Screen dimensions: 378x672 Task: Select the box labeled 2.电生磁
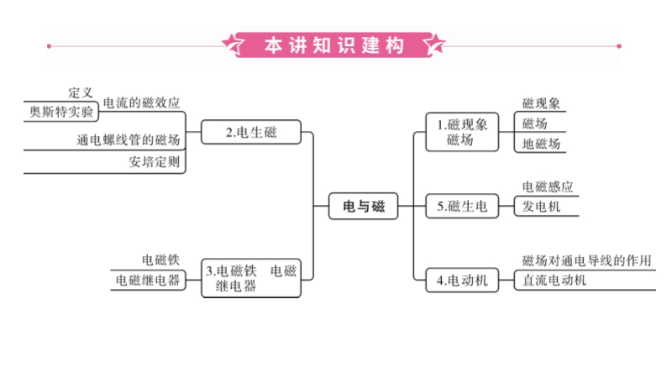click(251, 132)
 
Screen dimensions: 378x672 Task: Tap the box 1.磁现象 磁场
click(461, 133)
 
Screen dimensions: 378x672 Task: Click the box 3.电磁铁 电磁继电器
click(251, 278)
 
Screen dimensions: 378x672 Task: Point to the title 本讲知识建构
click(334, 45)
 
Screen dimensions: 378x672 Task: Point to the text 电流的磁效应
click(141, 102)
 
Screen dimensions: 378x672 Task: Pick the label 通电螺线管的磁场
click(128, 139)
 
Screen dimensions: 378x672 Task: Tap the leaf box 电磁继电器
click(148, 281)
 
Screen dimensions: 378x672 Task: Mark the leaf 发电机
click(541, 207)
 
